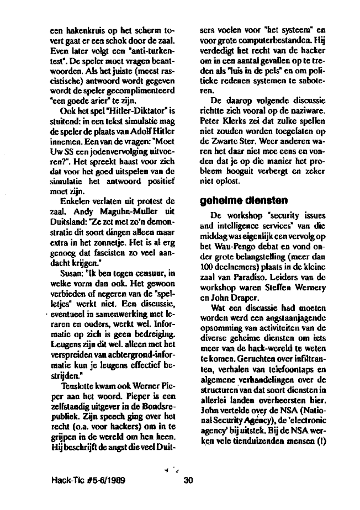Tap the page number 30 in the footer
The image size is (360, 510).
[188, 480]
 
